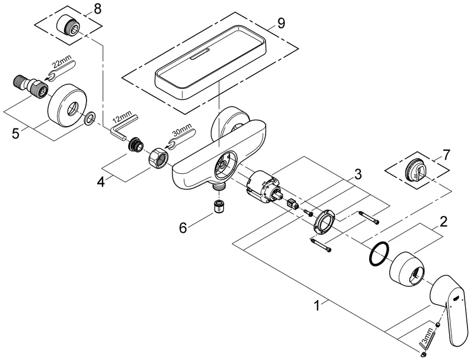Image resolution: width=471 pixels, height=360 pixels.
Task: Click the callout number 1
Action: (x=318, y=306)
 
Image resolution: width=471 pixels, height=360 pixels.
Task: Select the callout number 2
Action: (x=443, y=222)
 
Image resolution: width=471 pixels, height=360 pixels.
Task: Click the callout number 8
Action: (x=97, y=8)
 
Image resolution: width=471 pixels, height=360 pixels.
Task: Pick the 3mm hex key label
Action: (x=440, y=329)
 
